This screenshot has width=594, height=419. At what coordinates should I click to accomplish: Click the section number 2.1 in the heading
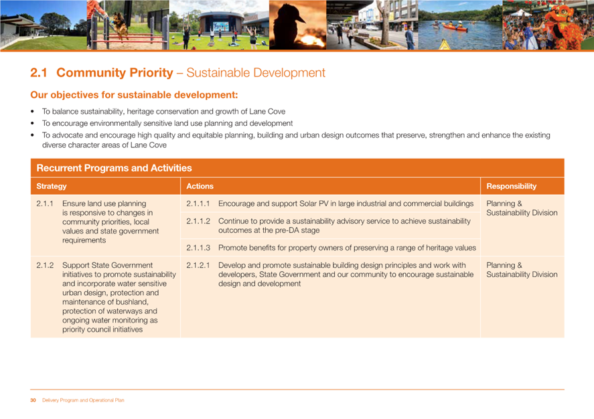click(x=39, y=73)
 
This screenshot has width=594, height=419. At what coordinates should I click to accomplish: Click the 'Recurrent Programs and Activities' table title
click(x=114, y=168)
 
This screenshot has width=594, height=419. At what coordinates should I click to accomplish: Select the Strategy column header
click(x=52, y=186)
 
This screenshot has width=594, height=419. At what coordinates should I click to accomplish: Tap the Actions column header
click(x=200, y=186)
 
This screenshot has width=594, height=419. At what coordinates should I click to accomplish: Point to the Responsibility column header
click(x=512, y=186)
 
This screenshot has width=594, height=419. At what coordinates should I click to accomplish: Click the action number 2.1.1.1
click(x=198, y=203)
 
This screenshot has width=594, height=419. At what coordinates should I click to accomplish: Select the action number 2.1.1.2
click(x=198, y=221)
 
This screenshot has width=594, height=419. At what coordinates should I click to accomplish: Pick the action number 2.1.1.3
click(x=198, y=248)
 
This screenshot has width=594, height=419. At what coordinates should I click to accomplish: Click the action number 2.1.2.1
click(x=198, y=265)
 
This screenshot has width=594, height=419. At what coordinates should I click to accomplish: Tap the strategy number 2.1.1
click(x=45, y=203)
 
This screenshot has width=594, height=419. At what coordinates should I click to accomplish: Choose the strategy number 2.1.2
click(x=45, y=265)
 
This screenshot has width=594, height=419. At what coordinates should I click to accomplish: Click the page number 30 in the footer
click(x=33, y=400)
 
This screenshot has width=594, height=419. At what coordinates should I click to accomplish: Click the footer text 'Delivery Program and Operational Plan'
click(x=83, y=400)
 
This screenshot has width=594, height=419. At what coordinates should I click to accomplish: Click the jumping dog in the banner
click(x=119, y=25)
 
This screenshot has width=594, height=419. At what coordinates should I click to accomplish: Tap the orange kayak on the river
click(x=455, y=27)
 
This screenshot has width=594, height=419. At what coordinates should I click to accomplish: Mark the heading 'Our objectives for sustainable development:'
click(x=134, y=94)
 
